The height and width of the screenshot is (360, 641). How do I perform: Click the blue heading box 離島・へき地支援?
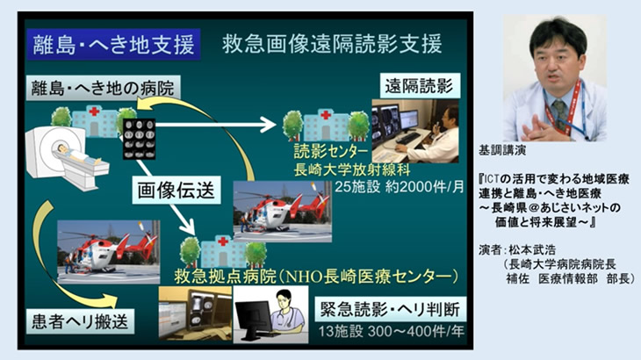(113, 45)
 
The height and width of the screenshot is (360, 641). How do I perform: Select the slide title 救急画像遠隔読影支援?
(332, 44)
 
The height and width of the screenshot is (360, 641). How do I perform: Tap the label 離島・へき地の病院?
(103, 88)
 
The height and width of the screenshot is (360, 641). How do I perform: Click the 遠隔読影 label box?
(420, 86)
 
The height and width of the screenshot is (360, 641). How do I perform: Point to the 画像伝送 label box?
(176, 190)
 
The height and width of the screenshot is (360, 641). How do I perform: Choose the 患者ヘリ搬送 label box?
(80, 321)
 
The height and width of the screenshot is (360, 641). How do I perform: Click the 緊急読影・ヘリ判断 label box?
(390, 309)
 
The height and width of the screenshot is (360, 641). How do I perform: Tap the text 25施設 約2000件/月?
(400, 187)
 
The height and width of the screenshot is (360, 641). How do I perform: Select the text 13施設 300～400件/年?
(392, 331)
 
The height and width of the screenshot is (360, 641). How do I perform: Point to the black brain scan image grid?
(140, 139)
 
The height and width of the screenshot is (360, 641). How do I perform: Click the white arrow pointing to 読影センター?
(216, 125)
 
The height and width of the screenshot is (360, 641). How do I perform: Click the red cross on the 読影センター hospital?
(326, 115)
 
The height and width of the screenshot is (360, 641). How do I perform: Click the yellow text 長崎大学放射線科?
(352, 169)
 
